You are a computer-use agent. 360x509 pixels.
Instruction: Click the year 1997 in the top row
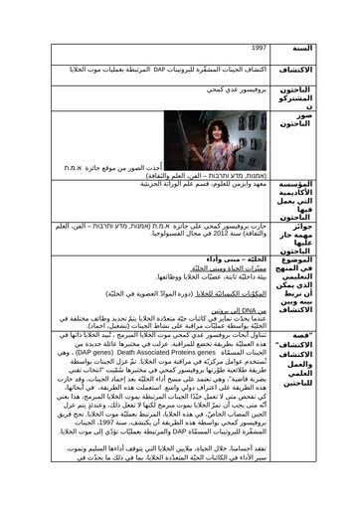(260, 47)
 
